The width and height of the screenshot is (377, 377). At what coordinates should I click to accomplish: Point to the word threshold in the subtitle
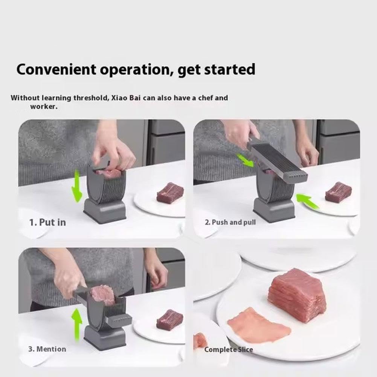click(90, 98)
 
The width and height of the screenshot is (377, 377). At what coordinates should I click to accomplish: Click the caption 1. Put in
click(47, 222)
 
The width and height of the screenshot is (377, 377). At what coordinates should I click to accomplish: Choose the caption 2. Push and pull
click(230, 222)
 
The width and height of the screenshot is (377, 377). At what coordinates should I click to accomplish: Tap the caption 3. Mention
click(47, 349)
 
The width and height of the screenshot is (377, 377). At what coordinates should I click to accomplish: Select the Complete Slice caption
click(229, 350)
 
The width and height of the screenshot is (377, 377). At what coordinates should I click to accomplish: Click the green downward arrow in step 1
click(77, 186)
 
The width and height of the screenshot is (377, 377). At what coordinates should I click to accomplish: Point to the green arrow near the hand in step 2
click(246, 160)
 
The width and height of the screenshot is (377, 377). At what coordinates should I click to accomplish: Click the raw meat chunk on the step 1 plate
click(170, 193)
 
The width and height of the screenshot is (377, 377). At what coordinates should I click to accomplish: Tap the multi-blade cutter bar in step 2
click(279, 160)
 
